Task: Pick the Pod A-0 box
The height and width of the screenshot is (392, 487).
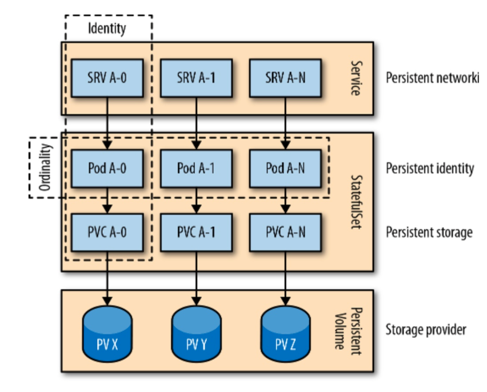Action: coord(106,169)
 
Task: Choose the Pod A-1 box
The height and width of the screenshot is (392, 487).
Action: coord(196,169)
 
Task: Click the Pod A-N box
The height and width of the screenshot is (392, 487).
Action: coord(285,169)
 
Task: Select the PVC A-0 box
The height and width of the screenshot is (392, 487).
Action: coord(106,233)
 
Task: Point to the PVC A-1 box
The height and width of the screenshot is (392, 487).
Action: coord(196,233)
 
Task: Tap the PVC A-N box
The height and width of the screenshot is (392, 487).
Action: coord(285,233)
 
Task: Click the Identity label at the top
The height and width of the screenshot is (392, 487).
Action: coord(107,27)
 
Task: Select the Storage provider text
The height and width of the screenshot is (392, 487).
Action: coord(426,330)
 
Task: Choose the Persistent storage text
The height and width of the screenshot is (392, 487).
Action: coord(429,233)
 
